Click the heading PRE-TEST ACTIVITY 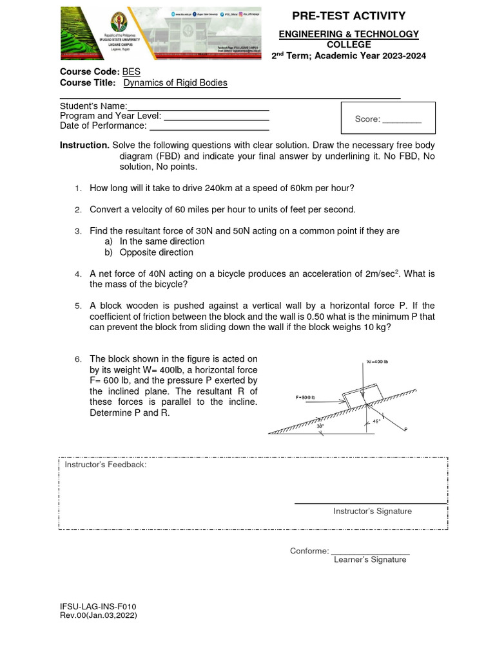349,16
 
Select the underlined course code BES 131,71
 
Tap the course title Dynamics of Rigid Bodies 175,83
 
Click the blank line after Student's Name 198,106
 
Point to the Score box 388,119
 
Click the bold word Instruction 84,145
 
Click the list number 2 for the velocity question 77,210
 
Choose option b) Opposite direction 156,252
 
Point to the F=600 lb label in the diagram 306,397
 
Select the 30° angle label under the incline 320,425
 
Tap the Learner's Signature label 370,560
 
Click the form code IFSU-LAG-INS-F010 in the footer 97,606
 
